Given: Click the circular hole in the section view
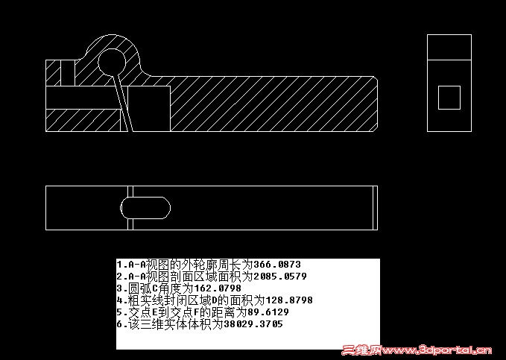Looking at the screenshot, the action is [112, 63].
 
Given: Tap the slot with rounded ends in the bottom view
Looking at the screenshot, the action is [145, 208].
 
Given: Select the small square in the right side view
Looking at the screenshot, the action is [449, 98].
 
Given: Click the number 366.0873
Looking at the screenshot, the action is [277, 265].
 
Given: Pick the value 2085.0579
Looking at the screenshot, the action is [280, 277].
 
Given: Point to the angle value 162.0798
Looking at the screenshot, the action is [218, 288].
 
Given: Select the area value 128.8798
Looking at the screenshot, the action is [289, 300].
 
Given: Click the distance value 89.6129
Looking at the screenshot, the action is [268, 312].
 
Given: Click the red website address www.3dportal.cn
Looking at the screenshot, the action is [437, 350].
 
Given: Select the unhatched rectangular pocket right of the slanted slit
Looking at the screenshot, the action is [149, 109].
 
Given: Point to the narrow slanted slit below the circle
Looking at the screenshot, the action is [123, 104].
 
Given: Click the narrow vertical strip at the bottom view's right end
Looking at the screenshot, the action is [376, 208].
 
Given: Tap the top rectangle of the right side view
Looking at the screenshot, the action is [449, 47].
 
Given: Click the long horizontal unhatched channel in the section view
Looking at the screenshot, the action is [83, 98].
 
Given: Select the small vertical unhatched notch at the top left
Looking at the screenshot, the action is [68, 73].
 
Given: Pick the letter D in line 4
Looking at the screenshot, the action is [215, 300].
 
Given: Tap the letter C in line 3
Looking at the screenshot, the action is [154, 288].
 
